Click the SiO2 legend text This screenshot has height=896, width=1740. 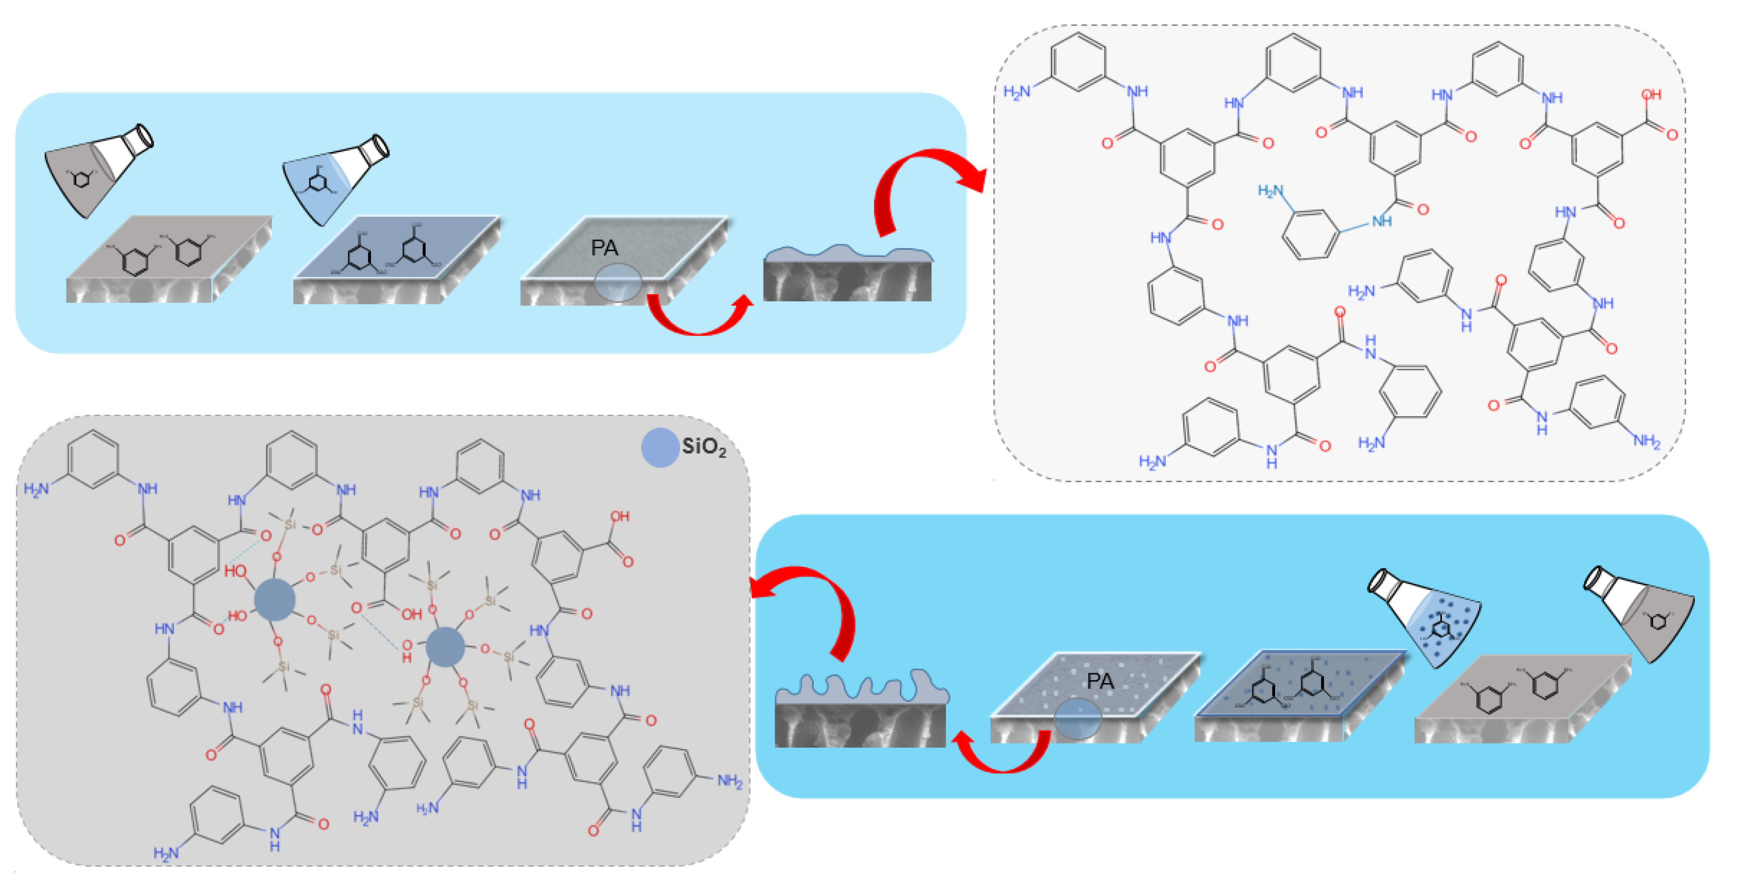coord(704,447)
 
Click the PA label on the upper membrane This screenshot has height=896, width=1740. coord(604,248)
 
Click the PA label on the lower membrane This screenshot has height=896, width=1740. coord(1100,681)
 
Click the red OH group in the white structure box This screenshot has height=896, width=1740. coord(1650,95)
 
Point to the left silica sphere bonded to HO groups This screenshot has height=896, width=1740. coord(274,599)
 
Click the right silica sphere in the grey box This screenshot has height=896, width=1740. coord(445,646)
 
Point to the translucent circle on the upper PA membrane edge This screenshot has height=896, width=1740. coord(617,283)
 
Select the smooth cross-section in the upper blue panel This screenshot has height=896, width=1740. coord(848,273)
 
